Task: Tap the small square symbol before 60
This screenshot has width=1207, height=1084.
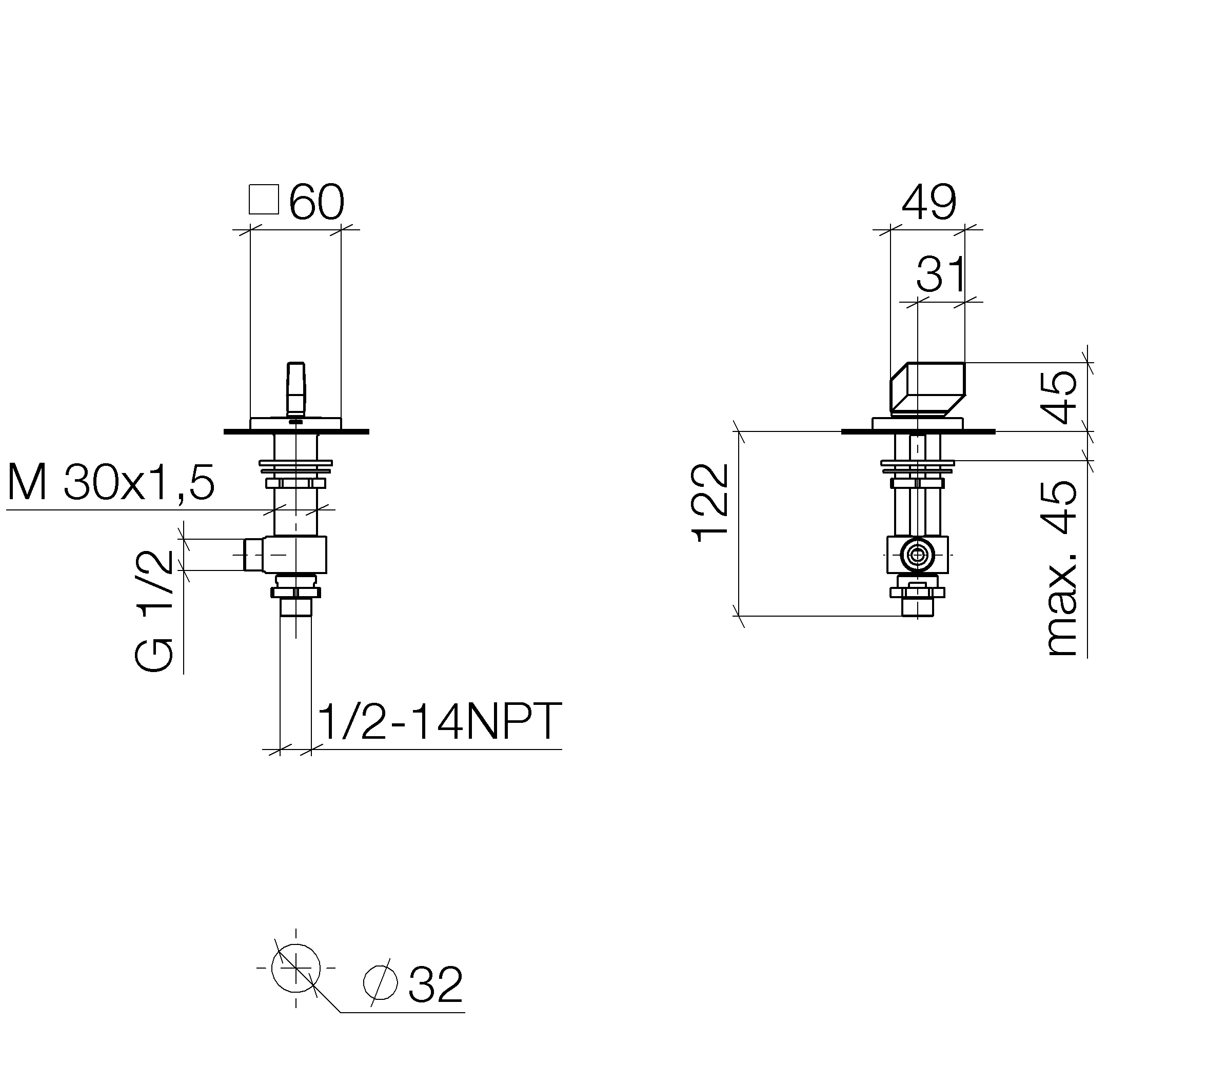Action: coord(264,200)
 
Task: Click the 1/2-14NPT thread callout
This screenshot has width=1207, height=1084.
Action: coord(440,721)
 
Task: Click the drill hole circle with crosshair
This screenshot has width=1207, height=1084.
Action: coord(296,969)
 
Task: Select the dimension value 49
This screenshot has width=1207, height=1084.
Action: coord(929,203)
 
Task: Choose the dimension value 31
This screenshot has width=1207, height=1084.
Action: coord(940,274)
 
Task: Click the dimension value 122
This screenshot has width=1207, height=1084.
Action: coord(710,503)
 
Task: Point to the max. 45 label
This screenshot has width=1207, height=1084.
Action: coord(1062,569)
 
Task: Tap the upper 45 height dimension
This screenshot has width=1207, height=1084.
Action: coord(1059,397)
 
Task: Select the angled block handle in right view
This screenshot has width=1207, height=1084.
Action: coord(927,388)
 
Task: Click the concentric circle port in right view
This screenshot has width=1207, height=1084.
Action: coord(918,555)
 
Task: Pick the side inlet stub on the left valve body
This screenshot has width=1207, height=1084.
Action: coord(254,555)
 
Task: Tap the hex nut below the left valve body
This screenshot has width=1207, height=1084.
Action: coord(295,592)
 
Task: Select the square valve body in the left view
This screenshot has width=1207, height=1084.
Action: coord(295,555)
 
